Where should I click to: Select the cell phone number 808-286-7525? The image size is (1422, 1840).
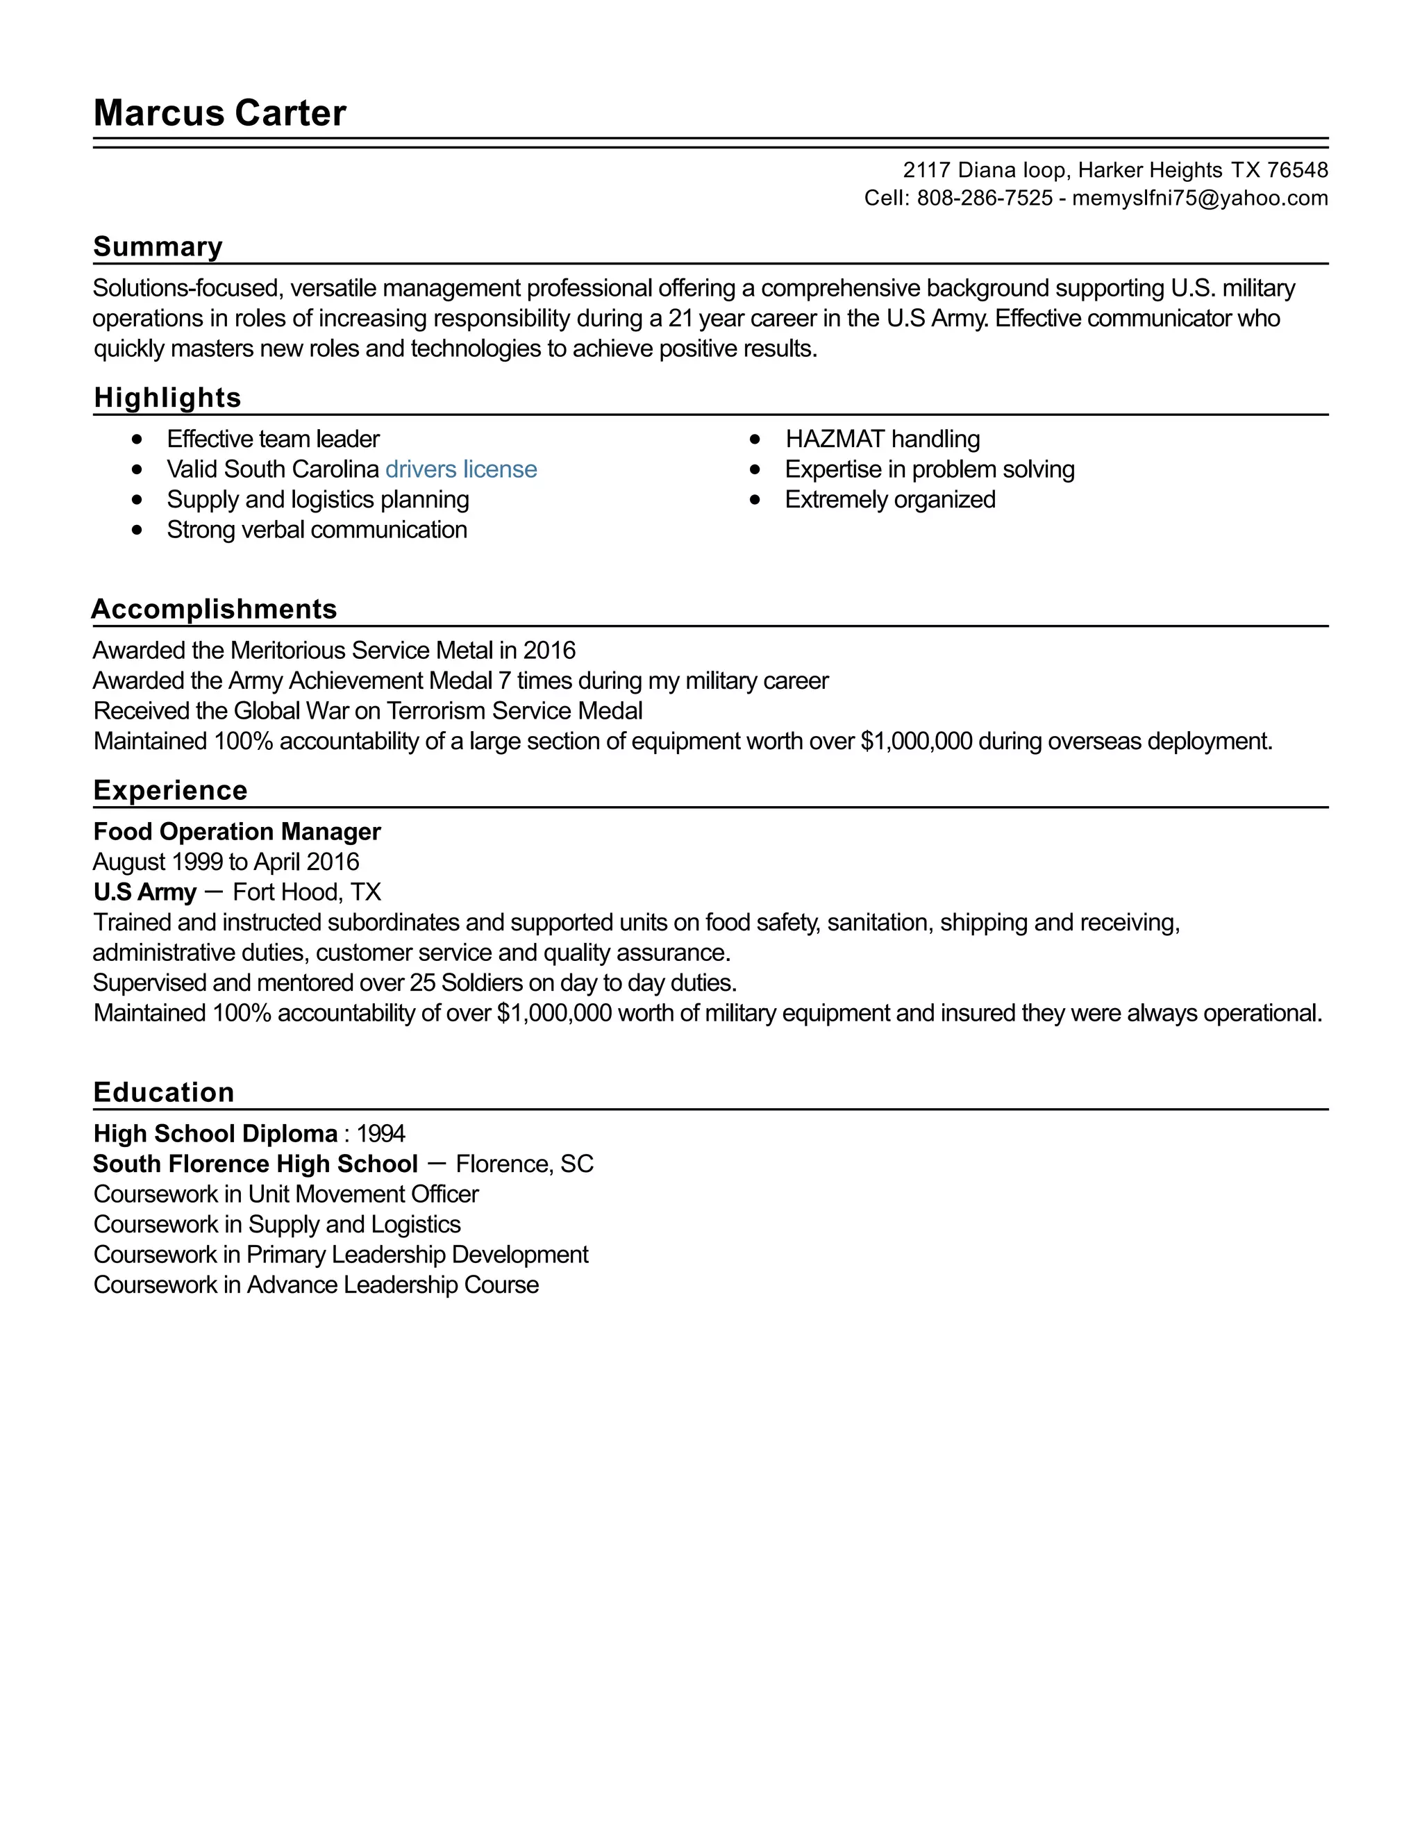point(984,199)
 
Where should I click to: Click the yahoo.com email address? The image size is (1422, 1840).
point(1200,199)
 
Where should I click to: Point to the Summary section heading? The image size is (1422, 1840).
point(158,247)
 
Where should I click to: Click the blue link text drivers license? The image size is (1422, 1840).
point(461,469)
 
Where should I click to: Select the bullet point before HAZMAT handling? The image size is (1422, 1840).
point(755,439)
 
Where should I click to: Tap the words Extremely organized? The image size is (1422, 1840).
point(889,500)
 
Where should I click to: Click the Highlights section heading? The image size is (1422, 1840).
point(167,398)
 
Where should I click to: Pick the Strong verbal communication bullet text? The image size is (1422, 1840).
point(317,530)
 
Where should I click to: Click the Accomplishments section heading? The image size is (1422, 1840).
point(214,609)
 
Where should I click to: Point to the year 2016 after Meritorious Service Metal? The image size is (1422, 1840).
point(549,651)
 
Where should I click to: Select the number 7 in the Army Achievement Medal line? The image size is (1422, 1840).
point(504,680)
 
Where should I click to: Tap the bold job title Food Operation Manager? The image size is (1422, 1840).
point(237,832)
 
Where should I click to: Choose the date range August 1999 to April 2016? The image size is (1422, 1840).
point(226,862)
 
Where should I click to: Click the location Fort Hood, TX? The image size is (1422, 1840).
point(307,892)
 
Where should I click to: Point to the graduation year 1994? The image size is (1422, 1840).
point(380,1134)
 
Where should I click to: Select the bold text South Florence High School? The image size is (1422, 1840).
point(256,1164)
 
